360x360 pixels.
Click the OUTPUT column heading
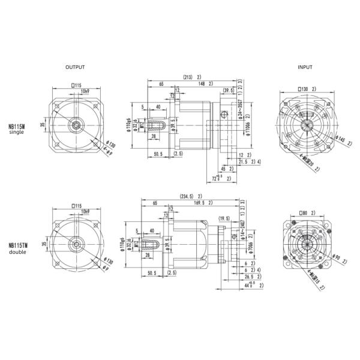(x=75, y=67)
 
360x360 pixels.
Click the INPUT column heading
(x=305, y=67)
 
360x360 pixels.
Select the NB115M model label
(x=17, y=127)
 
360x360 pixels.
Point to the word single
(x=16, y=133)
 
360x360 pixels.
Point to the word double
(x=17, y=252)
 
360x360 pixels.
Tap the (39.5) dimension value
(x=228, y=91)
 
